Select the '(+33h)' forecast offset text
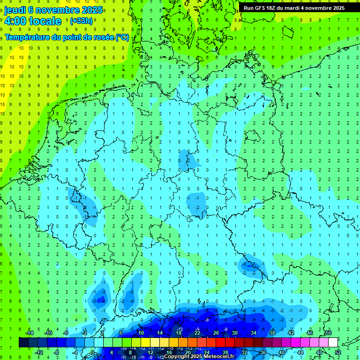tap(81, 21)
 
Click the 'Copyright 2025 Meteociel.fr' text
tap(199, 356)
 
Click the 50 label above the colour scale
tap(329, 333)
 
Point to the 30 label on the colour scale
tap(234, 333)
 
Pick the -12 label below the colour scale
tap(39, 352)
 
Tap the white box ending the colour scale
tap(333, 342)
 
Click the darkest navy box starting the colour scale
tap(23, 342)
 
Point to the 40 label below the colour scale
tap(282, 352)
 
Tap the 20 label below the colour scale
tap(188, 352)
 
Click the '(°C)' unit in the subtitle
tap(122, 37)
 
